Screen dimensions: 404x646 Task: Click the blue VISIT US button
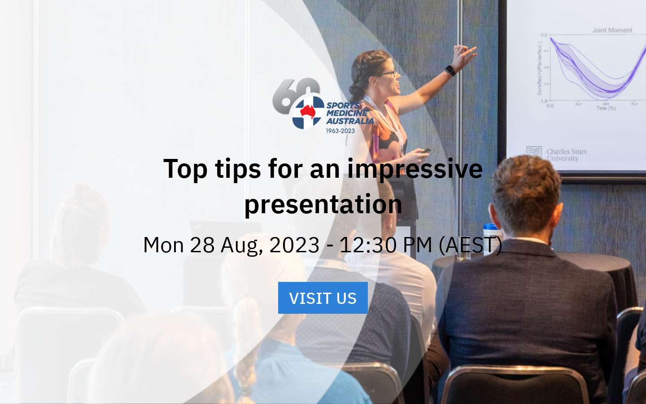(323, 298)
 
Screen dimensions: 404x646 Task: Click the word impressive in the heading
(415, 169)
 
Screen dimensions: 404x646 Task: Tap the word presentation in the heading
(323, 204)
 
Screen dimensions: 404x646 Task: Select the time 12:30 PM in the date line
(385, 245)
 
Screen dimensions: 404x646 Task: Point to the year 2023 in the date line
(294, 245)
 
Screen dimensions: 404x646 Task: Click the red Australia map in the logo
(308, 111)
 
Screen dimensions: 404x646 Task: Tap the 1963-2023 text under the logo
(340, 131)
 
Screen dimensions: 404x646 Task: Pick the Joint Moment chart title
(612, 31)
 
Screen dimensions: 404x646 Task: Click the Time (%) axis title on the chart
(606, 108)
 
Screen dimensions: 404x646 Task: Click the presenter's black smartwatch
(450, 70)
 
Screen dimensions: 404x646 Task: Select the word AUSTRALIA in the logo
(350, 121)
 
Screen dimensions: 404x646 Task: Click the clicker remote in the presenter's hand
(424, 151)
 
